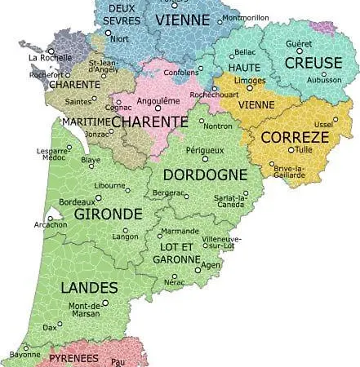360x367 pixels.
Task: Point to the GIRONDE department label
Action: (108, 214)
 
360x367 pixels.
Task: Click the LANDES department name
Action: (90, 287)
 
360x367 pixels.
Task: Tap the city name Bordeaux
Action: (78, 201)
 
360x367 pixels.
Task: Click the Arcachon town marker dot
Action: (49, 219)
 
